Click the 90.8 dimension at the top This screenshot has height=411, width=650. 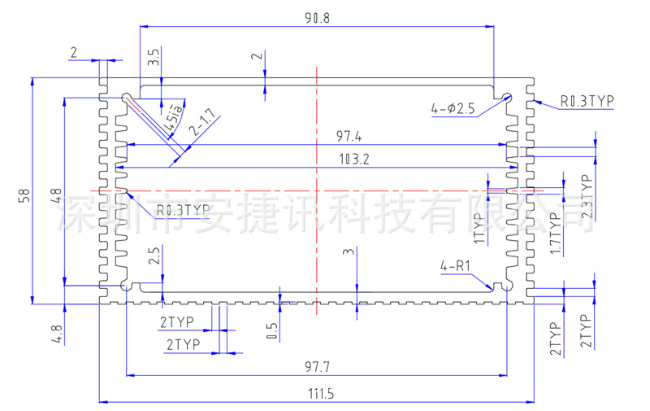point(317,17)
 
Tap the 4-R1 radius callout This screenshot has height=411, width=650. point(457,266)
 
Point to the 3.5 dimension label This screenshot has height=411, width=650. point(154,58)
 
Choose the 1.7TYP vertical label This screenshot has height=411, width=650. point(556,234)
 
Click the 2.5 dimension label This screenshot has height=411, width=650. point(154,259)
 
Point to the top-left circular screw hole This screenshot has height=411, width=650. point(128,98)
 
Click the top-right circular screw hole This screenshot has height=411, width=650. point(508,98)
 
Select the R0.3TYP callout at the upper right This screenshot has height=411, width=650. point(587,101)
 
